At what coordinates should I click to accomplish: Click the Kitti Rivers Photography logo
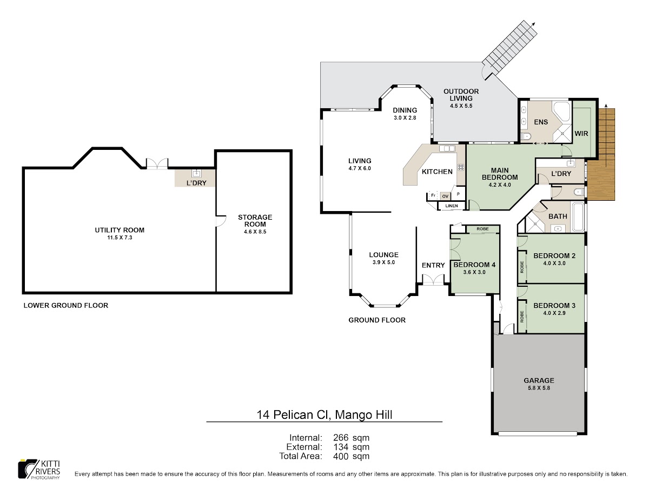(39, 469)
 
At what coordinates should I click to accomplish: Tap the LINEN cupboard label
(452, 206)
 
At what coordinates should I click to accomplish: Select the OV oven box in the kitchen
(445, 196)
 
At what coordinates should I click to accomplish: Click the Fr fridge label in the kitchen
(433, 195)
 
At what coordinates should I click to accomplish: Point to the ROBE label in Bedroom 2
(522, 267)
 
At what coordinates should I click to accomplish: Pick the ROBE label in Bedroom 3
(522, 317)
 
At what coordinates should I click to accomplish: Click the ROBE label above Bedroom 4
(482, 229)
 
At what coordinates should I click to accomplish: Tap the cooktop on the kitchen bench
(461, 167)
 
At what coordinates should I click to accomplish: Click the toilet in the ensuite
(525, 136)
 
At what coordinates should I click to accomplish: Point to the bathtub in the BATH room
(578, 217)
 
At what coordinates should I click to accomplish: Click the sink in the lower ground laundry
(196, 173)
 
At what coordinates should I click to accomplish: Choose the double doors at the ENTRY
(433, 280)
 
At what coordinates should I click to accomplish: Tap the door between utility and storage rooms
(221, 221)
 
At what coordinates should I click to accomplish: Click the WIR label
(581, 134)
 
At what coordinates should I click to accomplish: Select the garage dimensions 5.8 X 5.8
(539, 388)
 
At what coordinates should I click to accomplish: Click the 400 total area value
(341, 456)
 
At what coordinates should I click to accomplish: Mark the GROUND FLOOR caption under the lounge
(377, 320)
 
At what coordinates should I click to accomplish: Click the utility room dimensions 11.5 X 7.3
(120, 238)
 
